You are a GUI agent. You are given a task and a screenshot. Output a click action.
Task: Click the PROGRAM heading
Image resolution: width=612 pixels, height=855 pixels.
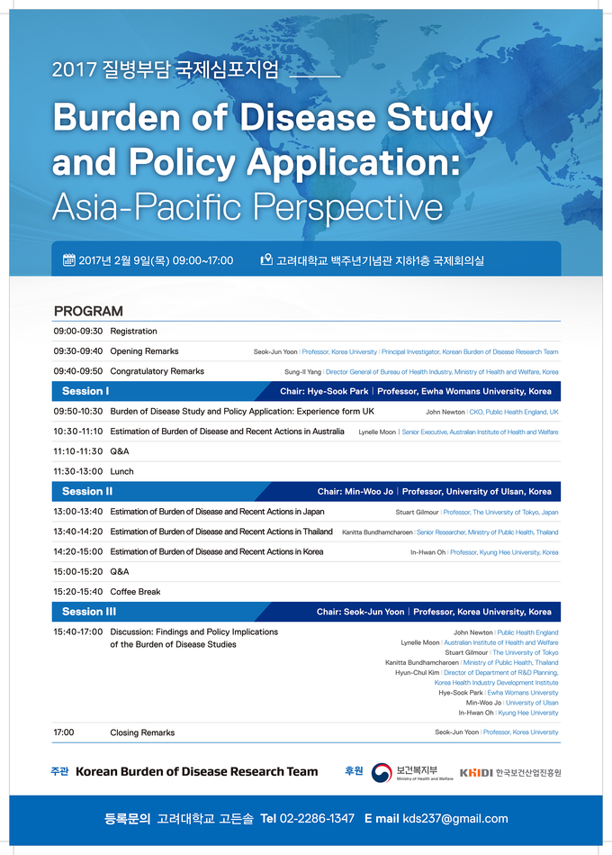click(x=88, y=311)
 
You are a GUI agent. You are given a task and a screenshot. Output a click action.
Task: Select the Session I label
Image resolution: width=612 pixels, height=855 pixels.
click(x=85, y=391)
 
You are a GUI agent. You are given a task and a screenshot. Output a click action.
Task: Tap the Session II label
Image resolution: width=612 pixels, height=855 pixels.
click(x=87, y=492)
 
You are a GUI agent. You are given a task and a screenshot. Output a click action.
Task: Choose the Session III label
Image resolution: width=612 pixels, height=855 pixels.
click(x=89, y=612)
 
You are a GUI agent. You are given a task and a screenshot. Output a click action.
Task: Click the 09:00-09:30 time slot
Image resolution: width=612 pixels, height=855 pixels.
click(x=77, y=332)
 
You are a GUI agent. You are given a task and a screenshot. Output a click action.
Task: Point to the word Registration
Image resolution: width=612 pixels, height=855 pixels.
click(x=133, y=332)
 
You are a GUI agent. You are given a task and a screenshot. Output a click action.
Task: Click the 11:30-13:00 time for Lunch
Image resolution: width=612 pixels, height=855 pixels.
click(x=77, y=471)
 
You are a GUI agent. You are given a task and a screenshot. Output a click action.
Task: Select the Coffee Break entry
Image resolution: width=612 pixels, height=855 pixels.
click(x=135, y=592)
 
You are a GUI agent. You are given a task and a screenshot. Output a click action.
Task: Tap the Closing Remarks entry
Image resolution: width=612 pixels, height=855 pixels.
click(x=142, y=732)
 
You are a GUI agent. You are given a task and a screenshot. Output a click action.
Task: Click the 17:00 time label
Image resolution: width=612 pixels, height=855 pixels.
click(x=64, y=732)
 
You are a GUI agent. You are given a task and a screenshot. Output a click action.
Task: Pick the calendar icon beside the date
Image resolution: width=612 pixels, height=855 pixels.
click(x=69, y=260)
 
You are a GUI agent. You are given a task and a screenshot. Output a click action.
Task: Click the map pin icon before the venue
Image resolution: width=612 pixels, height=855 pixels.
click(x=265, y=260)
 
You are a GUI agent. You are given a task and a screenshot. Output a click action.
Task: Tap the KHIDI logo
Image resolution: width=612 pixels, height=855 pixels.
click(x=476, y=772)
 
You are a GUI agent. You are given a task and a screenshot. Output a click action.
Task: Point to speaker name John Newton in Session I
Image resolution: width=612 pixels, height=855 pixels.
click(x=445, y=412)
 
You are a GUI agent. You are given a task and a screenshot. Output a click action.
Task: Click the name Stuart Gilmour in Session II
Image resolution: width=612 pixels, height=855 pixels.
click(x=417, y=512)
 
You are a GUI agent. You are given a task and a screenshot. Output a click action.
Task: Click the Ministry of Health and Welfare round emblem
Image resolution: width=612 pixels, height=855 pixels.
click(x=382, y=772)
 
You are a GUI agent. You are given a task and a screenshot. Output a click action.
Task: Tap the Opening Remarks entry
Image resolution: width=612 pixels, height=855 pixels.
click(x=144, y=351)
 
